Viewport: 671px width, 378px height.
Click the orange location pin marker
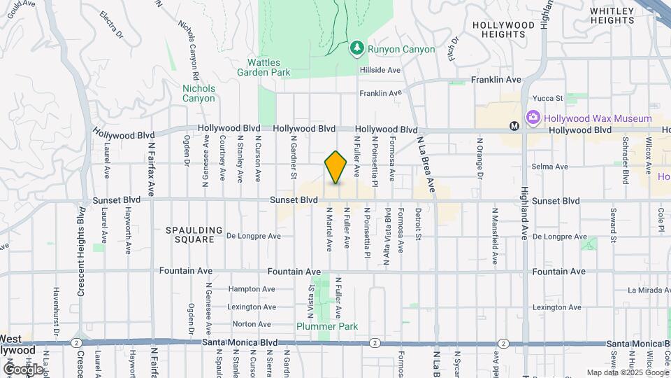335,167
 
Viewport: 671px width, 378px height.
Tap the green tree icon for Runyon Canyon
357,48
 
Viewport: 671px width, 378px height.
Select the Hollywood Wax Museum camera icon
533,118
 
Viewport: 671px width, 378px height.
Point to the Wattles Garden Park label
263,67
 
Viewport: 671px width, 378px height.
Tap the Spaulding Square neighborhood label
194,234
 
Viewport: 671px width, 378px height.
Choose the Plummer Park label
326,326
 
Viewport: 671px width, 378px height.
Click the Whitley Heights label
612,15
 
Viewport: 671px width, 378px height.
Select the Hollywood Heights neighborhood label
503,29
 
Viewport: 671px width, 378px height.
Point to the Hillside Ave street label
380,70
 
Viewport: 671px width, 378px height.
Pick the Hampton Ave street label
252,289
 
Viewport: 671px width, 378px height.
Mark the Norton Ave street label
251,324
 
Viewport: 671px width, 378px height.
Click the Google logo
23,369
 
